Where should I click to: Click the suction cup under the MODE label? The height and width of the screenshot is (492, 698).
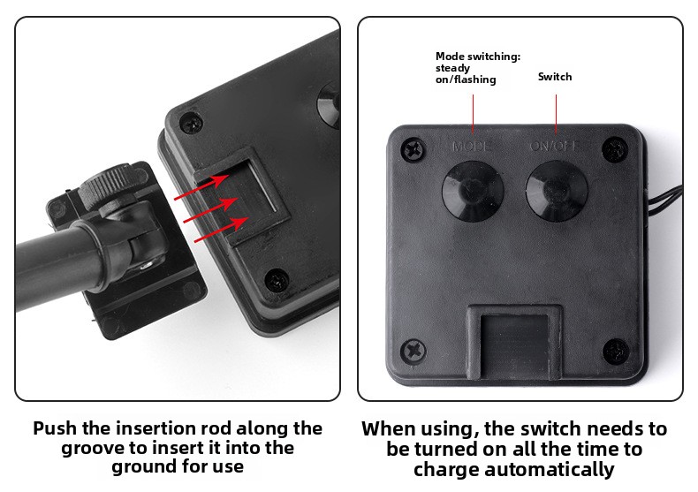(x=473, y=191)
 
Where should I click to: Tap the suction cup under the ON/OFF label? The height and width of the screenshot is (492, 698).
(x=557, y=191)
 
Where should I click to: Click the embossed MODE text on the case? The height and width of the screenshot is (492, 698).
(x=472, y=147)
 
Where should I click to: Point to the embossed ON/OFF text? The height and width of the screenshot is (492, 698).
(x=554, y=146)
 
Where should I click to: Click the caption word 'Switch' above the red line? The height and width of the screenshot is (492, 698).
(x=555, y=77)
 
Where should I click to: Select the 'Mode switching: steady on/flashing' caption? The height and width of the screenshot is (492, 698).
(x=478, y=68)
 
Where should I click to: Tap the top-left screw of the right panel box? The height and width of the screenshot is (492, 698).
(x=413, y=149)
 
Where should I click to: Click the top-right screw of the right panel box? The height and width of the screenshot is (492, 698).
(x=614, y=149)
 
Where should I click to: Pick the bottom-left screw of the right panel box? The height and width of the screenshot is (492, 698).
(x=413, y=352)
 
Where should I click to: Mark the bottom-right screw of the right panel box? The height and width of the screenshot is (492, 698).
(x=616, y=352)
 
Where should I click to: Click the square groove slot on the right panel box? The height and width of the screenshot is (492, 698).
(x=514, y=343)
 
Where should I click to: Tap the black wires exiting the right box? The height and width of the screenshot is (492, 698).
(x=664, y=201)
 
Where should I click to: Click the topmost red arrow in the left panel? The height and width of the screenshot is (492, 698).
(x=201, y=187)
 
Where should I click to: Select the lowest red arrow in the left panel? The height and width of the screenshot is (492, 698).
(x=222, y=229)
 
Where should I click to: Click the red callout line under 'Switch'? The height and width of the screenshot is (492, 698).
(x=556, y=113)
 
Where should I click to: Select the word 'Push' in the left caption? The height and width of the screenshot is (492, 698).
(x=54, y=428)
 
